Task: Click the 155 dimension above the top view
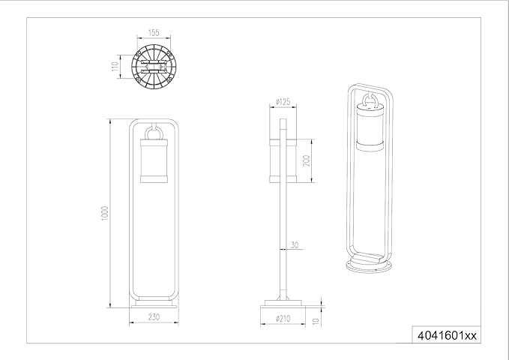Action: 154,34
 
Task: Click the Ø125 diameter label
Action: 283,101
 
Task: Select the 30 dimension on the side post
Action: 295,244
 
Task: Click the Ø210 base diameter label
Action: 283,319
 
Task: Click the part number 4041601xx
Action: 445,335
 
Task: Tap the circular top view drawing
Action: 154,67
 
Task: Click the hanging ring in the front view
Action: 154,133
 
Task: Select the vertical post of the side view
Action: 283,225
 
